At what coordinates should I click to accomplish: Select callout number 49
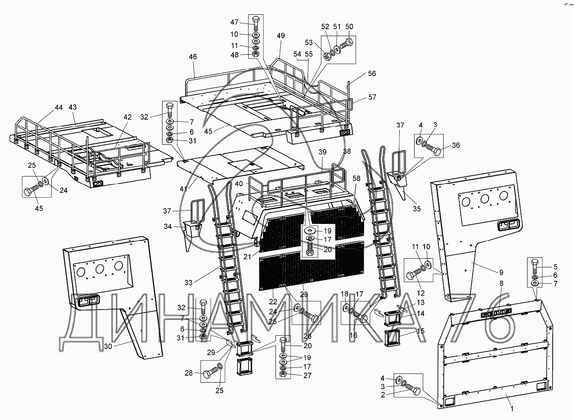click(x=281, y=36)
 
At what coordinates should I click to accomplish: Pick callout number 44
click(x=59, y=107)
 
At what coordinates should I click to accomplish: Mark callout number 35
click(x=416, y=209)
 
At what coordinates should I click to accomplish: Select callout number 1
click(x=511, y=408)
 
